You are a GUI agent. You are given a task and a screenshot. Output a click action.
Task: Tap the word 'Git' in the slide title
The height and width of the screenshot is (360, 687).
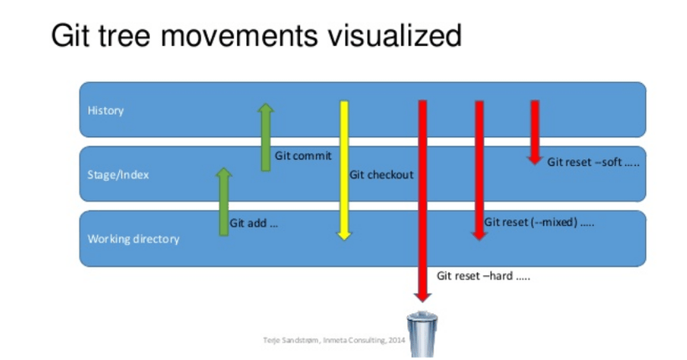coord(70,36)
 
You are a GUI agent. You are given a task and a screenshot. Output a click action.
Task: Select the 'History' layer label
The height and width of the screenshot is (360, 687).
coord(106,111)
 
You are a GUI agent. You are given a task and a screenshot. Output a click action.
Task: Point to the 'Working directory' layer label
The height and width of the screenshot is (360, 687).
coord(134,239)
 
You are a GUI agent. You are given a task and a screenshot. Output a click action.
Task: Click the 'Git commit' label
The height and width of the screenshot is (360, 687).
coord(302,156)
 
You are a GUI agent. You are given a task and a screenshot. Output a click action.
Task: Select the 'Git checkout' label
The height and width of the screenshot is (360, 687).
coord(381,175)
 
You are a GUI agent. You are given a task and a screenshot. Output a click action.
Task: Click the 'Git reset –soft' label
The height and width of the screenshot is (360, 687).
coord(593,162)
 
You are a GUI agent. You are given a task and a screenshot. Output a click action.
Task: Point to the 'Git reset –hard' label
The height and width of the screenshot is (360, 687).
coord(483,275)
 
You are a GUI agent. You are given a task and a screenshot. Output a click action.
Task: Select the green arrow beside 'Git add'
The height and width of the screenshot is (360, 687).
coord(224,201)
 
